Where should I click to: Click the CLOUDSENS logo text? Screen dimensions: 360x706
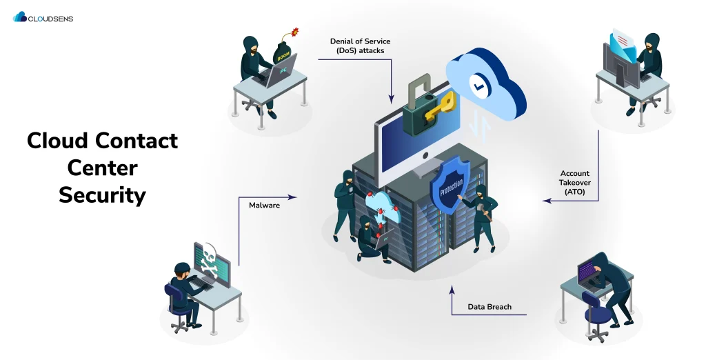[50, 19]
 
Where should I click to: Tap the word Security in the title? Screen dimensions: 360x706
[102, 194]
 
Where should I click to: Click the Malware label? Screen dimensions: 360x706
[264, 205]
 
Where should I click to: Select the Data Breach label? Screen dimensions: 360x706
[490, 307]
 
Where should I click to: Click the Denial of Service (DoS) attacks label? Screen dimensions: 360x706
[360, 46]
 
